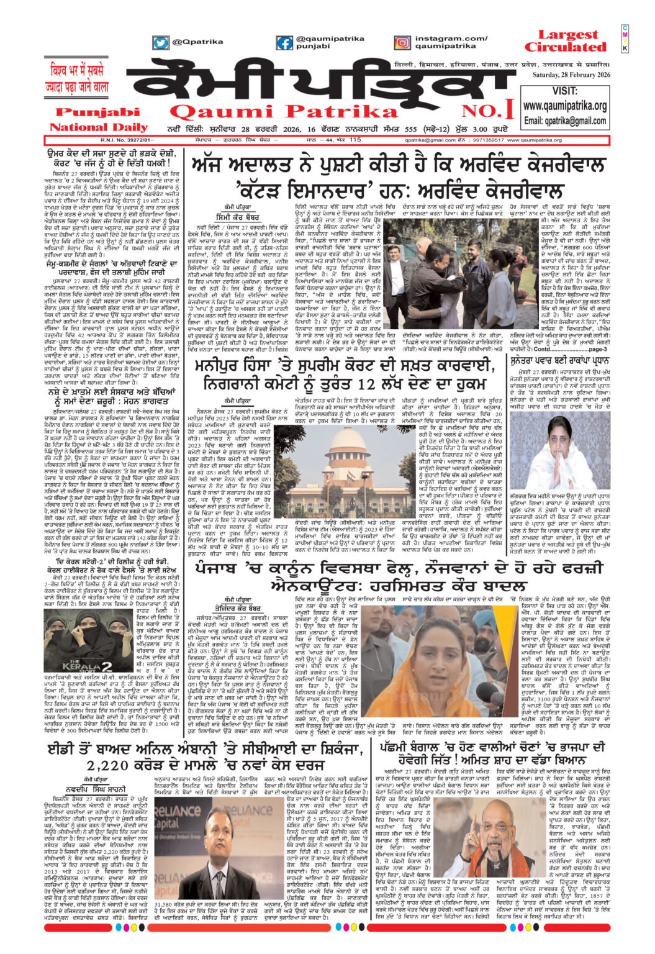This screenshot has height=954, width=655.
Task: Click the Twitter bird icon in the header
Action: pyautogui.click(x=161, y=42)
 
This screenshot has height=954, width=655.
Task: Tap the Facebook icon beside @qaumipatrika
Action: pyautogui.click(x=285, y=43)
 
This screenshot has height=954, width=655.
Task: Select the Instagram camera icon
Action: pyautogui.click(x=402, y=43)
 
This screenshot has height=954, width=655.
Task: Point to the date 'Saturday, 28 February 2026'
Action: pyautogui.click(x=571, y=75)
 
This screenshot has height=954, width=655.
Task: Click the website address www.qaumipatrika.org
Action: pyautogui.click(x=564, y=106)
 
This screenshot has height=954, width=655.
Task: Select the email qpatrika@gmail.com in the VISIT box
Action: pyautogui.click(x=565, y=120)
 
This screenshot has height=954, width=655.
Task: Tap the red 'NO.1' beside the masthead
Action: pyautogui.click(x=487, y=111)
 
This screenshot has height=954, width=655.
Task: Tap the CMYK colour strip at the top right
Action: pyautogui.click(x=625, y=39)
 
